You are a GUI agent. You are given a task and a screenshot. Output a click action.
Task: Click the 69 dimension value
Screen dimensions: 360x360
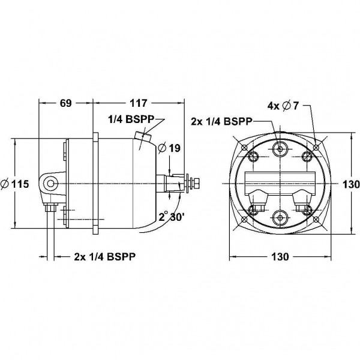[x=66, y=103]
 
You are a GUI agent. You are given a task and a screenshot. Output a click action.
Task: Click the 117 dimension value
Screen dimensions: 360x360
[x=138, y=103]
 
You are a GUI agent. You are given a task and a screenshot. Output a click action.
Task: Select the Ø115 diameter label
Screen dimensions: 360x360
[x=15, y=184]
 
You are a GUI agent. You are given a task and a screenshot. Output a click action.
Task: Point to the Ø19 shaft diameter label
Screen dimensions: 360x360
[x=170, y=148]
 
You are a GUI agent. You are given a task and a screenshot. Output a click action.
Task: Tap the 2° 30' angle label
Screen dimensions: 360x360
[x=170, y=217]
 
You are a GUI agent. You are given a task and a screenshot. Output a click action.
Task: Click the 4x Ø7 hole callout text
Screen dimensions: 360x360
[x=283, y=106]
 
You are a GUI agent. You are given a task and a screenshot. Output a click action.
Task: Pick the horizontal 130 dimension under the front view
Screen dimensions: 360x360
[x=280, y=256]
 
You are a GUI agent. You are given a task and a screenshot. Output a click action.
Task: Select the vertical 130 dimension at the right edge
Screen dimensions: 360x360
[x=351, y=184]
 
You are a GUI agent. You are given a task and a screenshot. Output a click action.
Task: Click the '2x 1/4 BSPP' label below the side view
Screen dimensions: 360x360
[x=104, y=256]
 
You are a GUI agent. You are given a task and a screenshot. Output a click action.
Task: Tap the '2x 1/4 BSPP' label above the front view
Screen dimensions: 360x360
[x=222, y=121]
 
